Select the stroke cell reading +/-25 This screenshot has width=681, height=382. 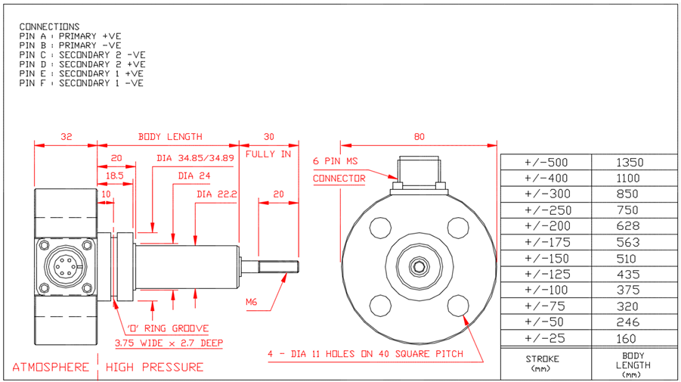[545, 338]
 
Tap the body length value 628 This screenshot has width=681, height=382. [627, 226]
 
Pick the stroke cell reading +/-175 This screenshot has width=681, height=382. [545, 242]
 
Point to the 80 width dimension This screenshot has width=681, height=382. [419, 137]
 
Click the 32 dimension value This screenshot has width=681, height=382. [67, 137]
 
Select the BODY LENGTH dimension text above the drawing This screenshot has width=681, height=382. [170, 137]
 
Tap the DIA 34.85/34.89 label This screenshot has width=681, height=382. [195, 158]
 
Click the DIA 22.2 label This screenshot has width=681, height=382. [217, 194]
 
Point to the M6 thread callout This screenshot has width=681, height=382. [252, 302]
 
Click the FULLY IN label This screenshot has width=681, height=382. [268, 154]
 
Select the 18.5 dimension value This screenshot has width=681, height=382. [115, 175]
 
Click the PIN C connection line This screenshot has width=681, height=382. [82, 55]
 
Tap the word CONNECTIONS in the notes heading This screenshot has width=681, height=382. [49, 26]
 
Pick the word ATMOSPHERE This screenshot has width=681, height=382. [50, 368]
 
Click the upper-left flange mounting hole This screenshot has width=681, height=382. [380, 226]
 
